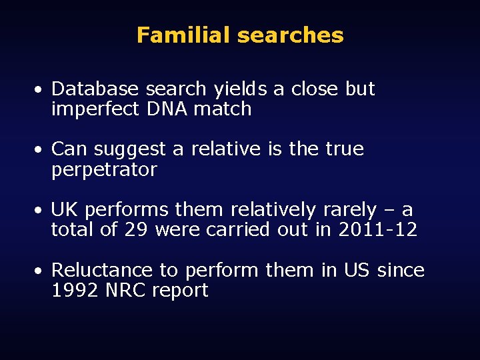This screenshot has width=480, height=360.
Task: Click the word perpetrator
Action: point(104,170)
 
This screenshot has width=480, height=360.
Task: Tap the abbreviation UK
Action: point(65,210)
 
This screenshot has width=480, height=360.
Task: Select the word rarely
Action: point(349,210)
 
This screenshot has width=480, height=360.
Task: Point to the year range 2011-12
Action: point(378,231)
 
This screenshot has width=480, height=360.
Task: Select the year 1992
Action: point(72,291)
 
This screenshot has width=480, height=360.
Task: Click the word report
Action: point(180,291)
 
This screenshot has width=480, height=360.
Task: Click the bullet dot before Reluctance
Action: point(41,271)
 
